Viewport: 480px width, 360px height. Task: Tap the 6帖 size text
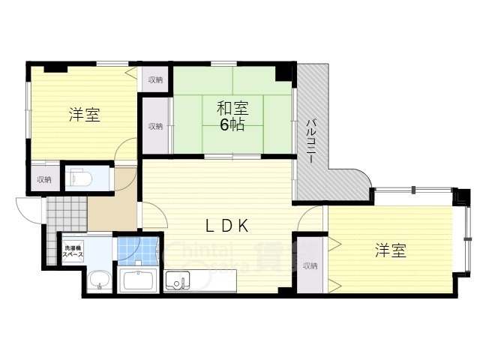[x=232, y=125]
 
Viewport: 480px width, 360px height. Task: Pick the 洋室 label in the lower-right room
[x=391, y=251]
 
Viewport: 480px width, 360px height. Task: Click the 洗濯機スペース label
[x=73, y=251]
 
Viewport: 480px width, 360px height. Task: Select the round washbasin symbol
[x=98, y=282]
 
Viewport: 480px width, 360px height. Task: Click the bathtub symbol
[x=137, y=282]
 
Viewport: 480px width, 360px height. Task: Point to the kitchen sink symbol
[x=178, y=283]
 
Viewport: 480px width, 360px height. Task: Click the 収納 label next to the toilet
[x=44, y=179]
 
